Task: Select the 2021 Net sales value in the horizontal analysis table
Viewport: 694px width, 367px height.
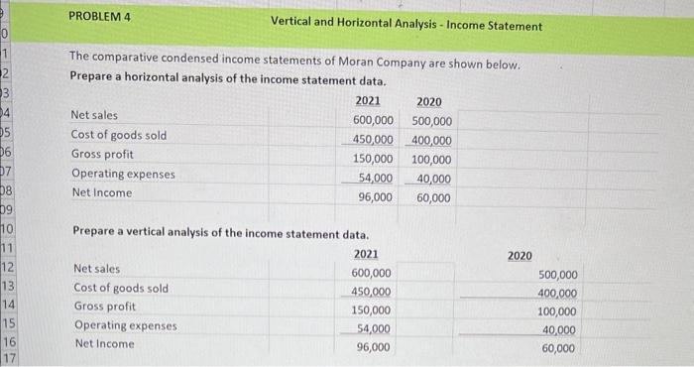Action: (x=373, y=120)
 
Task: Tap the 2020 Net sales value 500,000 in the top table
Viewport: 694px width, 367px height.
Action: (x=431, y=121)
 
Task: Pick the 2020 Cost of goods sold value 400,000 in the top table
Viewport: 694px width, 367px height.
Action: (x=431, y=140)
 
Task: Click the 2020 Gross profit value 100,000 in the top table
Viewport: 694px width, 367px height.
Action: (x=431, y=160)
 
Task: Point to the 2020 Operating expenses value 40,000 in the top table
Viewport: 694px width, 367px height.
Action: (x=434, y=179)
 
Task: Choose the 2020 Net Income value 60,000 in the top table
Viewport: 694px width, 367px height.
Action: (x=434, y=197)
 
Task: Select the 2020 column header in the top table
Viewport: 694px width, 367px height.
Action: (x=429, y=102)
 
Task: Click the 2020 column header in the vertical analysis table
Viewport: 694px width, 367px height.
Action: (x=520, y=256)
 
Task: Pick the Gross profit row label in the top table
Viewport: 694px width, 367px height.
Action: (x=101, y=155)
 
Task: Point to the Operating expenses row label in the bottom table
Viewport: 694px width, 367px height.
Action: (x=125, y=325)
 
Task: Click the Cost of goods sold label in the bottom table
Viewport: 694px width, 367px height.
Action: (x=121, y=288)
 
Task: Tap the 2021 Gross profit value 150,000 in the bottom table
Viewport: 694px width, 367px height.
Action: (x=371, y=310)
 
